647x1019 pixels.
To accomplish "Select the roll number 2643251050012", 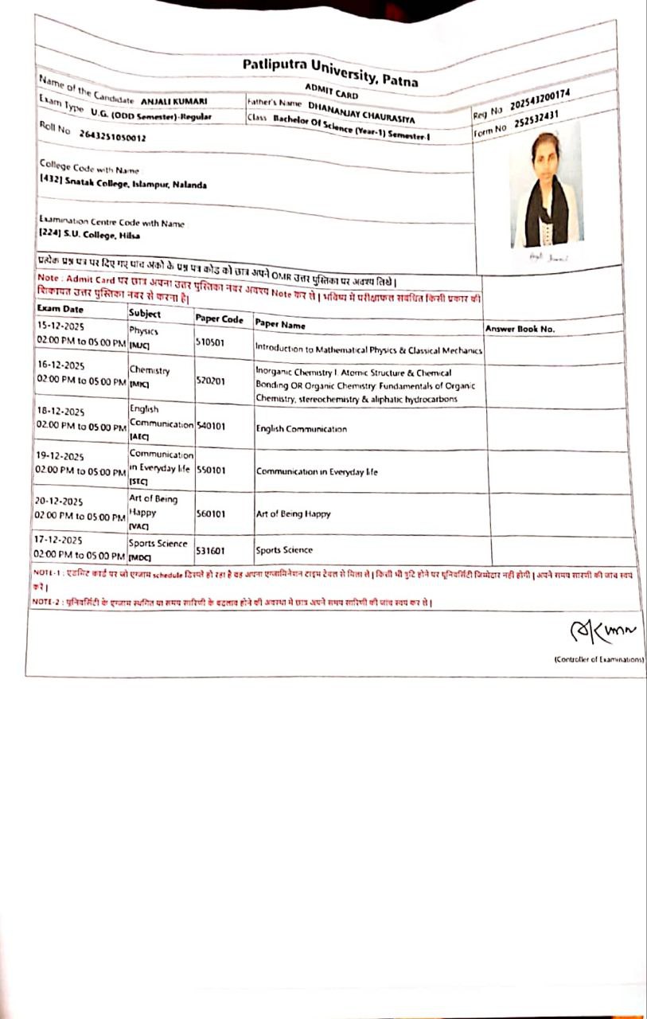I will pos(112,136).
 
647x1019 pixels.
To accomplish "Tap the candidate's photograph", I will pos(546,191).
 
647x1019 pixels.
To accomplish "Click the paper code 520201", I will pos(210,381).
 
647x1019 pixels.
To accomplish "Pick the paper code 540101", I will pos(210,427).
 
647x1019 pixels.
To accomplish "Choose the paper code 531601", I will pos(210,550).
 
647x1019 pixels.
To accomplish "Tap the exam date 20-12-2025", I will pos(60,502).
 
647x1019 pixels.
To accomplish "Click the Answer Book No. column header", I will pos(520,329).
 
